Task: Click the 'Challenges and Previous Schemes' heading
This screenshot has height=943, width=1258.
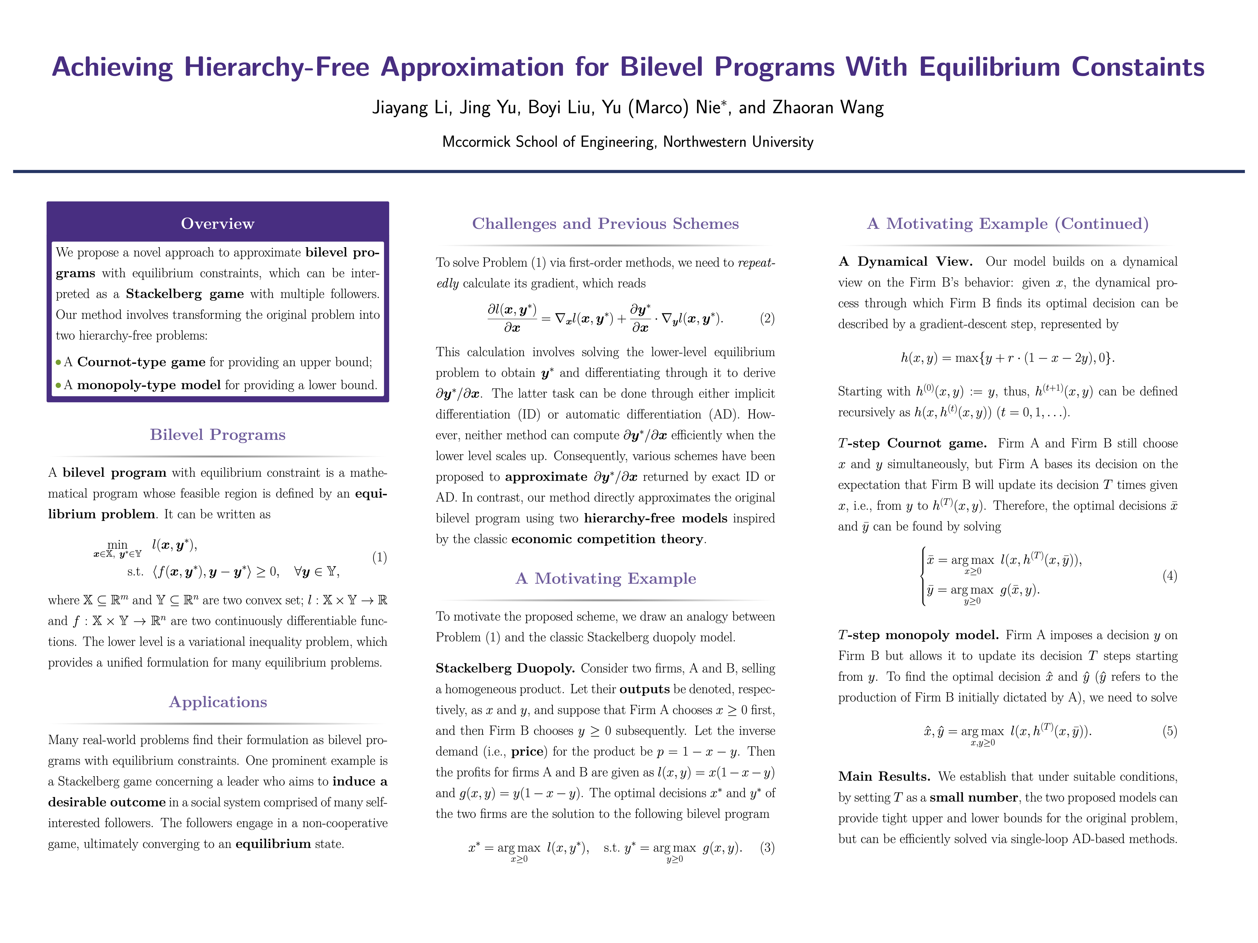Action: (605, 223)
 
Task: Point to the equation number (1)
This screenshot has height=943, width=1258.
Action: (379, 557)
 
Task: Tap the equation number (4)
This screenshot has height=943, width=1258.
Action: (1169, 576)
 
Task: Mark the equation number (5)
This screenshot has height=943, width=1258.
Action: (1169, 731)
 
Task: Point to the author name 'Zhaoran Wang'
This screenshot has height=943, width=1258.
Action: (828, 107)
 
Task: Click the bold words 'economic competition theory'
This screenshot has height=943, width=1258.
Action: (607, 539)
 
